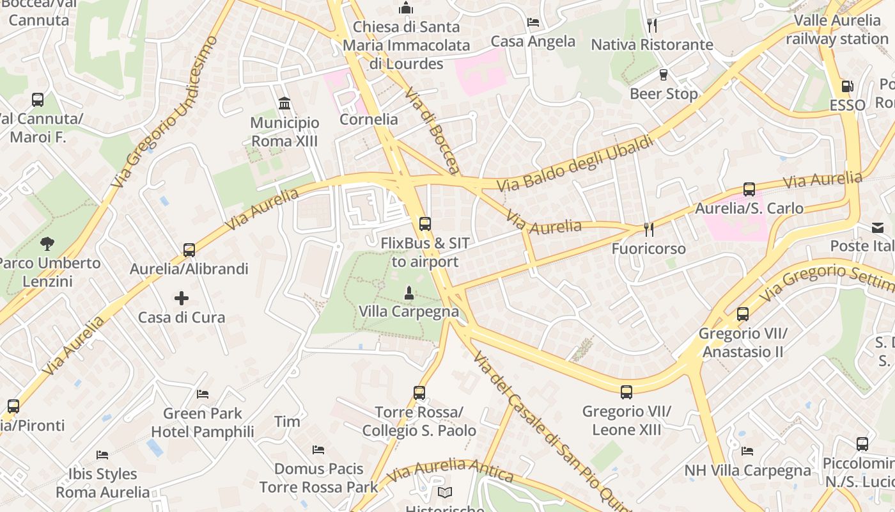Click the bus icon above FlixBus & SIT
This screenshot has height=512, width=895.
click(x=424, y=224)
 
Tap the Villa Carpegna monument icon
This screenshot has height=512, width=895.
click(x=409, y=293)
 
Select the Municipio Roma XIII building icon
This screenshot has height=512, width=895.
click(x=284, y=103)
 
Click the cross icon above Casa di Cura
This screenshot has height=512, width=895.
click(x=182, y=298)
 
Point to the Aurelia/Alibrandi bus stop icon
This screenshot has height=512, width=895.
click(x=189, y=250)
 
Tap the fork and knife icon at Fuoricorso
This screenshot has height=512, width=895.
click(x=648, y=229)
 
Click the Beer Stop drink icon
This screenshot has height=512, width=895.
click(x=664, y=74)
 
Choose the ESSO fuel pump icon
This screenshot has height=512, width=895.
click(x=847, y=86)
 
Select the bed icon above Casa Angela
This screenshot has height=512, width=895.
click(x=533, y=22)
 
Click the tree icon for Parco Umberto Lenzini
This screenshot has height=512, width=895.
click(x=47, y=243)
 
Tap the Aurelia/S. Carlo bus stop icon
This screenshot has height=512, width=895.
click(x=749, y=189)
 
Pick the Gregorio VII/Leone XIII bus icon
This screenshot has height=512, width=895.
click(x=626, y=392)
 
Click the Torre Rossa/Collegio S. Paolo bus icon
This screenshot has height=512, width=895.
click(x=419, y=393)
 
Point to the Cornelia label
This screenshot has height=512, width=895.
click(x=369, y=120)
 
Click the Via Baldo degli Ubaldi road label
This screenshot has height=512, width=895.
click(x=575, y=163)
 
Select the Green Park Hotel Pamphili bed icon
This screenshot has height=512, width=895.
click(x=203, y=394)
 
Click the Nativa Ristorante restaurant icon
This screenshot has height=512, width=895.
click(x=651, y=26)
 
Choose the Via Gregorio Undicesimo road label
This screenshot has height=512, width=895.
click(x=164, y=112)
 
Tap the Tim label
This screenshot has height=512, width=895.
click(x=287, y=421)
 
